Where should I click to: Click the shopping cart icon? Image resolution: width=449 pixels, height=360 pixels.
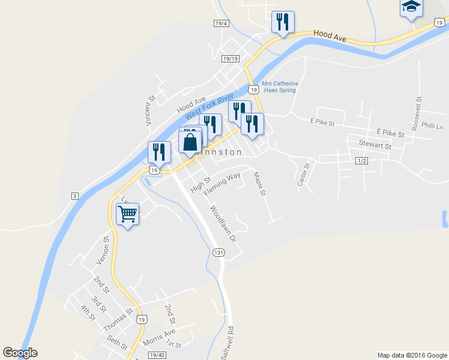tap(127, 214)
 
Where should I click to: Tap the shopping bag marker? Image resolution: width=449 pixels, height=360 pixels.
tap(190, 143)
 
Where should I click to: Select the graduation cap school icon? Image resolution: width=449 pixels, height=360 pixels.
tap(411, 7)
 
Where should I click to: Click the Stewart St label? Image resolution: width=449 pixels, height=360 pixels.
tap(375, 145)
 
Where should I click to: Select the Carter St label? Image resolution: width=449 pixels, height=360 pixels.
tap(303, 174)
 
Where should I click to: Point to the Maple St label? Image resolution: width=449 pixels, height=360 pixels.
tap(259, 184)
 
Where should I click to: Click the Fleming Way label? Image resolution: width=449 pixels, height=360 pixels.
tap(221, 184)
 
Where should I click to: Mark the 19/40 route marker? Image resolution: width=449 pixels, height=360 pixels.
tap(157, 355)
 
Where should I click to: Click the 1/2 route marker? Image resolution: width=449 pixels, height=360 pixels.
tap(361, 161)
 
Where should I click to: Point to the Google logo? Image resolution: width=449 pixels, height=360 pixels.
tap(20, 353)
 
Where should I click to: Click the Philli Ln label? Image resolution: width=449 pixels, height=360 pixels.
tap(432, 127)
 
